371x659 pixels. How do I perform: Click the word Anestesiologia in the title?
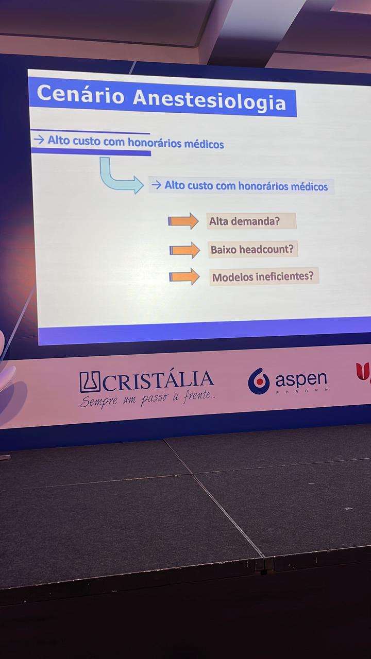(209, 100)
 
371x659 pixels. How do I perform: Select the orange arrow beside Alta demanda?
(183, 221)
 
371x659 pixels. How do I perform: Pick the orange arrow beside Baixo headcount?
(184, 250)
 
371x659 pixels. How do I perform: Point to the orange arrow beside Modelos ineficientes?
(184, 276)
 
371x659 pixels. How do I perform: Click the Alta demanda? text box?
(251, 221)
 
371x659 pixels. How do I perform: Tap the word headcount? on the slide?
(266, 249)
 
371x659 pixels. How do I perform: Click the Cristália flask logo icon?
(90, 382)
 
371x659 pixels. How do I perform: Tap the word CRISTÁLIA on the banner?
(158, 380)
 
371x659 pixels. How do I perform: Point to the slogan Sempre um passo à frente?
(147, 398)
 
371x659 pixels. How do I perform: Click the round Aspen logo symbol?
(259, 381)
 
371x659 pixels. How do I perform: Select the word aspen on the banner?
(301, 379)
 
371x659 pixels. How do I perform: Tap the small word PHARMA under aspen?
(302, 391)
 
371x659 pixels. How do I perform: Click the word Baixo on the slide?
(224, 250)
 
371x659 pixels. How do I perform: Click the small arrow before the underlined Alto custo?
(39, 140)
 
